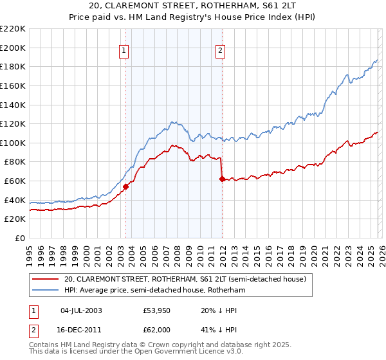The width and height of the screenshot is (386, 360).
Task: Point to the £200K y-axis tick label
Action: pos(13,48)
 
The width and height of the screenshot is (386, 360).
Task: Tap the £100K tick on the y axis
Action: pos(13,143)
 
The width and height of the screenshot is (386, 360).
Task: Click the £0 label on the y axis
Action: pos(19,238)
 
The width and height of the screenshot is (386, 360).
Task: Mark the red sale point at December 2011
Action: pos(222,179)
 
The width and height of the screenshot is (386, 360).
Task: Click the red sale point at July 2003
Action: pos(126,187)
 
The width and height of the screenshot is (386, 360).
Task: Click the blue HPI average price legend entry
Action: pos(154,290)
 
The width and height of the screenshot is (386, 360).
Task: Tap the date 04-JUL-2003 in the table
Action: pos(81,310)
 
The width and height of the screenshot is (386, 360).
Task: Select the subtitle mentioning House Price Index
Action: pos(193,18)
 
